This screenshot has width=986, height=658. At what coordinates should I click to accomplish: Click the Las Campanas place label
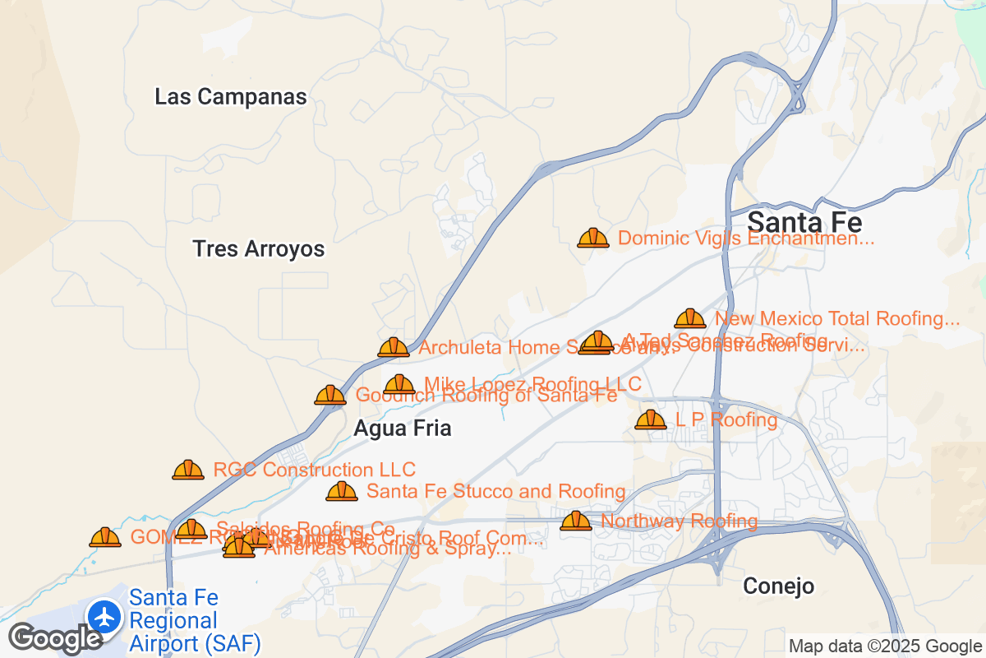click(231, 97)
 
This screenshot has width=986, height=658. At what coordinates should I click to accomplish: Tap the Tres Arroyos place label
click(259, 249)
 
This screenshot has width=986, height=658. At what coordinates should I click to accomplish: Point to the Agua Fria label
click(403, 429)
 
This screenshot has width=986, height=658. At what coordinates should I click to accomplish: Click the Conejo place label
click(778, 586)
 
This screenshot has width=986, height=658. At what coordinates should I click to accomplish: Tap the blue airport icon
click(105, 615)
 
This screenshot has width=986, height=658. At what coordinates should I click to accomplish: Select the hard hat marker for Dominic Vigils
click(592, 238)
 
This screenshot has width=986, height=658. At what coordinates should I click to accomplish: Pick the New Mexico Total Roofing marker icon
click(689, 318)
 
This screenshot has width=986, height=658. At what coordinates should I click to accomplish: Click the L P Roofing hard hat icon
click(651, 419)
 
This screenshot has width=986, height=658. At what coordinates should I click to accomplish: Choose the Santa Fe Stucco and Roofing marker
click(342, 491)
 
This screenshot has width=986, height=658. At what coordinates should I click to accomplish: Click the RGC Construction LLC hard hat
click(188, 470)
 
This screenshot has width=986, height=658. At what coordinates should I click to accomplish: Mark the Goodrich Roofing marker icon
click(330, 395)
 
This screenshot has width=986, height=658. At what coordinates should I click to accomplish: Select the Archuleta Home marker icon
click(394, 347)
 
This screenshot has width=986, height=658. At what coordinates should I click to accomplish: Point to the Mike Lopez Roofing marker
click(399, 383)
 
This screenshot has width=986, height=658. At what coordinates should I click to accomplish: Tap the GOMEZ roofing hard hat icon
click(105, 537)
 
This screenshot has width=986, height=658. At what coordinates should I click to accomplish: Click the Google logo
click(56, 638)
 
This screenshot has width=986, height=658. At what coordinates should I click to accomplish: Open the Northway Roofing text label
click(679, 521)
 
